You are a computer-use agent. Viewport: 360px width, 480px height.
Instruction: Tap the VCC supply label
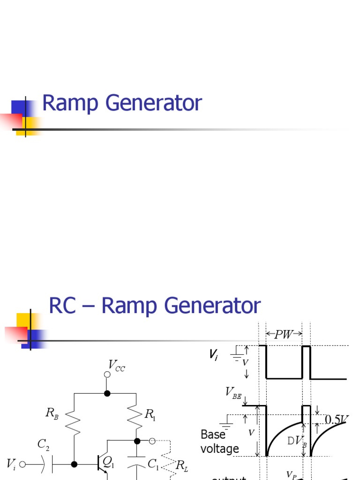[117, 365]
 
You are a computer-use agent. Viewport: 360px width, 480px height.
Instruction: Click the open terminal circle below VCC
[107, 375]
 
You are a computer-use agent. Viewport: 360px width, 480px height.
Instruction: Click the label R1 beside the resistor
[150, 414]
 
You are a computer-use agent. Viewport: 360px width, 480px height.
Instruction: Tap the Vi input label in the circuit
[12, 464]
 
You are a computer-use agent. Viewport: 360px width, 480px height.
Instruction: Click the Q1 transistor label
[108, 463]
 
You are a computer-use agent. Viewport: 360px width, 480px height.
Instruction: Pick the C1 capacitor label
[153, 464]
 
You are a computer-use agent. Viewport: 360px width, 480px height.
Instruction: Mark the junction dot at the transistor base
[74, 464]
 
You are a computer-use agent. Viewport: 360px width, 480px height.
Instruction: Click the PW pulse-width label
[284, 334]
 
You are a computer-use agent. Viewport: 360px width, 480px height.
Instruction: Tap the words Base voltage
[219, 442]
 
